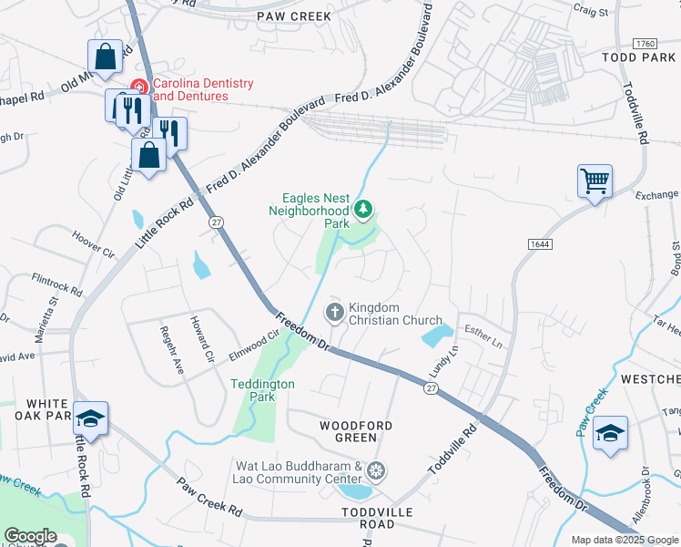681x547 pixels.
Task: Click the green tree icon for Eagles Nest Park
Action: [363, 211]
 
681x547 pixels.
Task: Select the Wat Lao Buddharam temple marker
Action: [376, 471]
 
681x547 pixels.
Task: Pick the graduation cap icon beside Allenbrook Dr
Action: [610, 433]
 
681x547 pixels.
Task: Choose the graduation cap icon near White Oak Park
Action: [90, 418]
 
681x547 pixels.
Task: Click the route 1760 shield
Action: [643, 44]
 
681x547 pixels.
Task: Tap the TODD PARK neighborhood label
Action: [638, 57]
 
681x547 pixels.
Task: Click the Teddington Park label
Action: [262, 390]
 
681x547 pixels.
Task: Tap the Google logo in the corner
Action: [30, 536]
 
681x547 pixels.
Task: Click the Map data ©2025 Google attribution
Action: [624, 540]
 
